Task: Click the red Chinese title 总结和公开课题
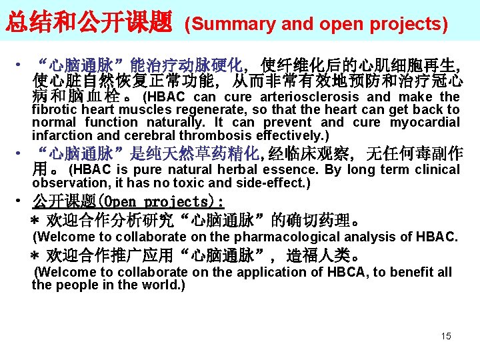click(x=89, y=23)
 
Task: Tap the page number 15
click(x=445, y=336)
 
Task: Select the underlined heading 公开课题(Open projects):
click(x=128, y=202)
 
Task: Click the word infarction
click(x=61, y=135)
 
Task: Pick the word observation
click(x=65, y=183)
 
